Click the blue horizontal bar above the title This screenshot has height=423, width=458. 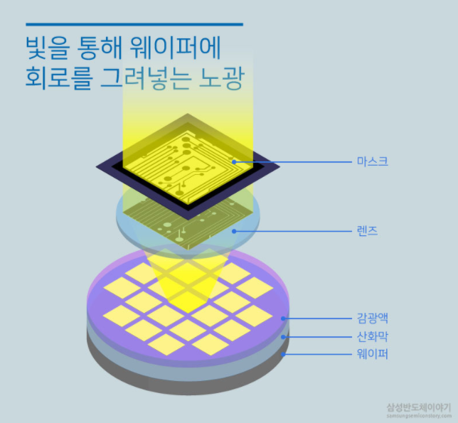(131, 24)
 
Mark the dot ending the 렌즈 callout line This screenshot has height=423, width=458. (233, 231)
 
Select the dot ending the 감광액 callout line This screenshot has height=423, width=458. (283, 318)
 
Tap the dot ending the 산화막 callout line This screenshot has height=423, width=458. (283, 336)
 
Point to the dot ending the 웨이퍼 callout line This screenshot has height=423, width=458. (283, 353)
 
